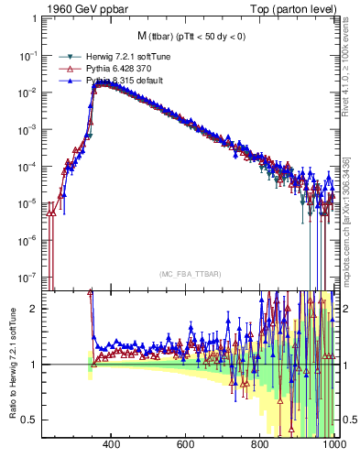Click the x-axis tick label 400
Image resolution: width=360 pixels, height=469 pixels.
pyautogui.click(x=112, y=444)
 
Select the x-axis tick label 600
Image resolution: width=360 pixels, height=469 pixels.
pyautogui.click(x=186, y=444)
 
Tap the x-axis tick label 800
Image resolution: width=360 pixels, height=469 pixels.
pyautogui.click(x=260, y=444)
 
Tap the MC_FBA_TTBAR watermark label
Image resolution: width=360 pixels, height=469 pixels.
pyautogui.click(x=191, y=275)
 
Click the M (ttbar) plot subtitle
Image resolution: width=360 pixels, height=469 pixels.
pyautogui.click(x=190, y=37)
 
